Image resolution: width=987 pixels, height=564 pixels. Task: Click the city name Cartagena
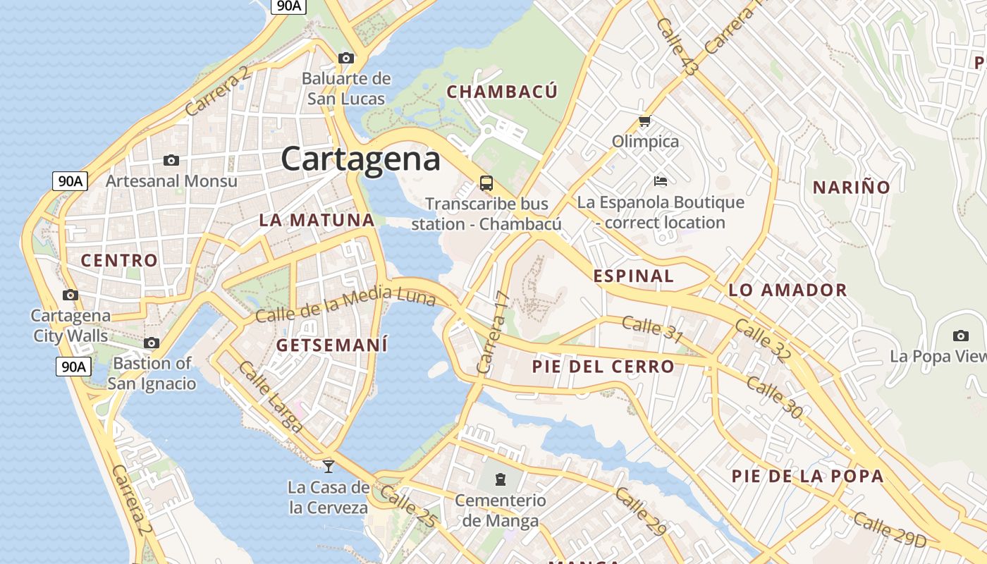361,159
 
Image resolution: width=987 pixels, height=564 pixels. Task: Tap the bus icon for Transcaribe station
486,183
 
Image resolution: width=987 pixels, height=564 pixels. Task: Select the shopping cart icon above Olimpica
644,122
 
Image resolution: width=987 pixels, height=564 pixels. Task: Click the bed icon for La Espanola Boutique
661,182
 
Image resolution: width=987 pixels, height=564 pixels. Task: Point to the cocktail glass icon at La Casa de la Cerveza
328,466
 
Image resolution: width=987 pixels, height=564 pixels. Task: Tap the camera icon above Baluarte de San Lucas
345,58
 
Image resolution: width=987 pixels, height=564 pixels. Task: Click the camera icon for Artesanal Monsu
171,161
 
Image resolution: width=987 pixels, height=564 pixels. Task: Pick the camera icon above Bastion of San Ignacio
152,343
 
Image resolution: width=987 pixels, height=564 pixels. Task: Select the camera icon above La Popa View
960,336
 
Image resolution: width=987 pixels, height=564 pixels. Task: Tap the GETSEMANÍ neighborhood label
332,345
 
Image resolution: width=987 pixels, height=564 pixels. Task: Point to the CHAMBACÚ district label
502,92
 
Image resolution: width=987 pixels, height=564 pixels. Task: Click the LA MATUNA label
317,220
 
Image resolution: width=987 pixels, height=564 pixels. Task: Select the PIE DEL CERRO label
603,367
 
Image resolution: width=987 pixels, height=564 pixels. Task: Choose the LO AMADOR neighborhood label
787,290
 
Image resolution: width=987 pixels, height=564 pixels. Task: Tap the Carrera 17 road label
492,331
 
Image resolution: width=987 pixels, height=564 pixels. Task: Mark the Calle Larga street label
271,397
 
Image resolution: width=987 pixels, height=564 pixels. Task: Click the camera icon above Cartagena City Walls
70,295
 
